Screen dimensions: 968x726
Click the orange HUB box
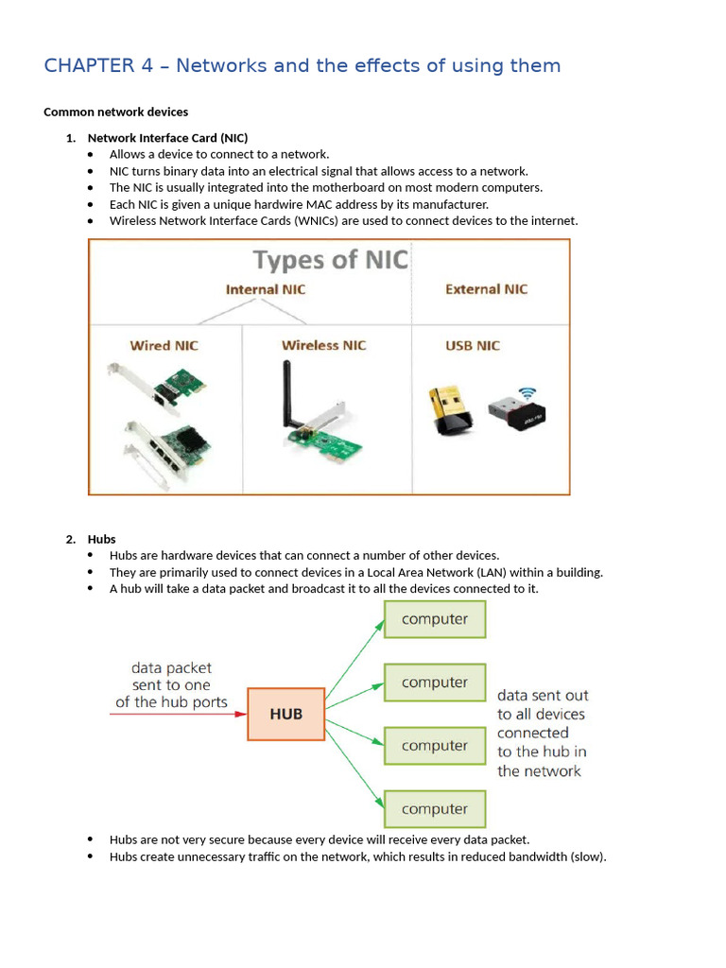pyautogui.click(x=285, y=714)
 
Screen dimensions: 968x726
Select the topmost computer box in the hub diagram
pyautogui.click(x=434, y=619)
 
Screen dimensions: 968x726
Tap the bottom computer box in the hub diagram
pyautogui.click(x=434, y=809)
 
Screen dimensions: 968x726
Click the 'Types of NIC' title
pyautogui.click(x=330, y=260)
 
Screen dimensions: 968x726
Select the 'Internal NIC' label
pyautogui.click(x=266, y=289)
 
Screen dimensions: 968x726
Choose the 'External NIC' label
pyautogui.click(x=486, y=289)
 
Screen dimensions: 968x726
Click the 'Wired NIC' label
pyautogui.click(x=164, y=346)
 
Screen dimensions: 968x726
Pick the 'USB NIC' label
pyautogui.click(x=473, y=346)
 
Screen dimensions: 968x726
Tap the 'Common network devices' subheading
pyautogui.click(x=115, y=112)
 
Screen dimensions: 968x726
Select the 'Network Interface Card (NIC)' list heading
pyautogui.click(x=167, y=138)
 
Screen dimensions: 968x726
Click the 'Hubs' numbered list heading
pyautogui.click(x=102, y=539)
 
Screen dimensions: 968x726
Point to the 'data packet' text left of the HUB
pyautogui.click(x=171, y=667)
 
